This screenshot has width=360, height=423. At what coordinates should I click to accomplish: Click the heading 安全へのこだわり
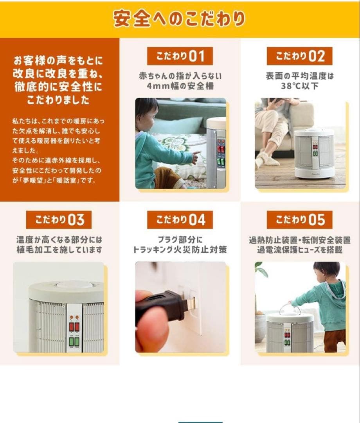(180, 18)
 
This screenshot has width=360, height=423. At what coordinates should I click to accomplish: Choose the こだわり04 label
(180, 220)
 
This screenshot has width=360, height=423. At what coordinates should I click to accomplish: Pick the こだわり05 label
(299, 220)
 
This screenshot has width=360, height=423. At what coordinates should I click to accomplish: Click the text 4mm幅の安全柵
(180, 86)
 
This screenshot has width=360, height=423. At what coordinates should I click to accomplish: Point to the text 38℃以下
(299, 86)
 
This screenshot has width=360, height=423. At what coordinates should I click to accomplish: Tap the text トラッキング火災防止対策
(180, 249)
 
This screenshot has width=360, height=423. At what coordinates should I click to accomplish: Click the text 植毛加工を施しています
(59, 249)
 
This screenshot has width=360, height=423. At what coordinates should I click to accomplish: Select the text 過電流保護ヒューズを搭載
(299, 249)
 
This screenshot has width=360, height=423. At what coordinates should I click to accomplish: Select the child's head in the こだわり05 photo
(326, 270)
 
